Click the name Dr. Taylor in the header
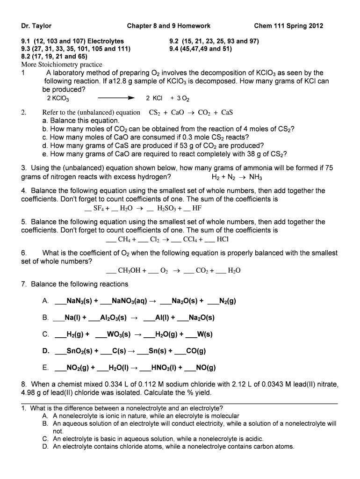(36, 26)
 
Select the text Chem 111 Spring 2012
(288, 26)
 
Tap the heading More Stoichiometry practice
(62, 65)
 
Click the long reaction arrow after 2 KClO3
(116, 99)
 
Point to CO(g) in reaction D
(195, 351)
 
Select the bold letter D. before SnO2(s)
(46, 351)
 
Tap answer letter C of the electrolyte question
(45, 439)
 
